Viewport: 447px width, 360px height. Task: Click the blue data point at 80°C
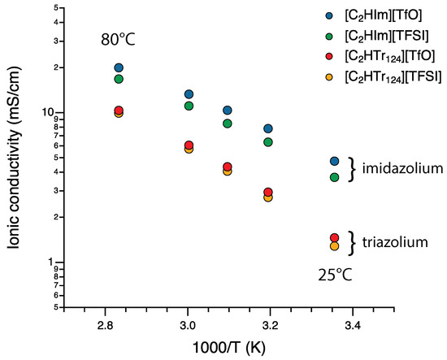[119, 68]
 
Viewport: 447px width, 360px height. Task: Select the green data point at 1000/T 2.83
[119, 79]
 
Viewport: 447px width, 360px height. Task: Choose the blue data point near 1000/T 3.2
[267, 128]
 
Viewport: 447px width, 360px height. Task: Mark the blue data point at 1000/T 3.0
[189, 94]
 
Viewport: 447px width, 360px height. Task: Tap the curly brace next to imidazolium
[353, 169]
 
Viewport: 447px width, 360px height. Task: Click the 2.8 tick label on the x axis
[105, 326]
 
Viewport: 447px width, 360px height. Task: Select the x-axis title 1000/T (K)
[230, 349]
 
